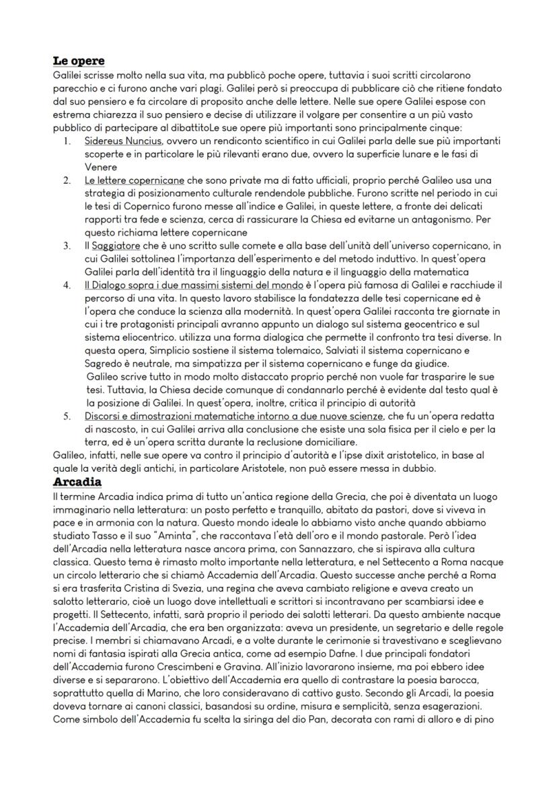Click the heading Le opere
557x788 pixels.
[79, 61]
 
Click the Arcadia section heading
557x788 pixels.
[77, 482]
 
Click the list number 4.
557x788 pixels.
[67, 285]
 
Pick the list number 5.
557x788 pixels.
[67, 416]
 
